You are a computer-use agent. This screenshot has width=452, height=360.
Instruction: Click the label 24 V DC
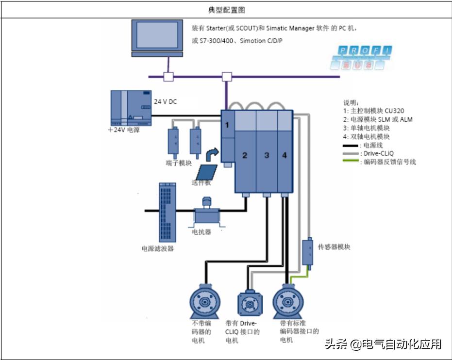point(166,102)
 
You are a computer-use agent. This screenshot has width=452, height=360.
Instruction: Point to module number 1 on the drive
point(226,125)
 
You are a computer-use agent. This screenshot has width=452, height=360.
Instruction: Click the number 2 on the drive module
point(245,156)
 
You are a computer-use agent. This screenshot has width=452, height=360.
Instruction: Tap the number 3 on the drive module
point(267,156)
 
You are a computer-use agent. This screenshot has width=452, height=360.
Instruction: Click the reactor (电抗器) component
point(207,212)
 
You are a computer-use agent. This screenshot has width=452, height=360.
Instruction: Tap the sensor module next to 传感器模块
point(308,251)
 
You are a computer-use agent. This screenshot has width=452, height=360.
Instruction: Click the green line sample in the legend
point(351,162)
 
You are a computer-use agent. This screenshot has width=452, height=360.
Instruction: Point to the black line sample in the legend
point(351,145)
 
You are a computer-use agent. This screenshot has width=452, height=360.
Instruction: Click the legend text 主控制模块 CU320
point(377,111)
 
